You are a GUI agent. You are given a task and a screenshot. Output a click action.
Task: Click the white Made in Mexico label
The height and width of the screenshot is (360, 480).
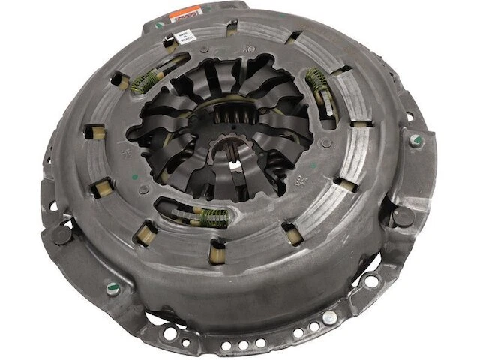184,37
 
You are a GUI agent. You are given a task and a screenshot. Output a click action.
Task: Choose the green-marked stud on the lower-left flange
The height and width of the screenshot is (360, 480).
112,285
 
